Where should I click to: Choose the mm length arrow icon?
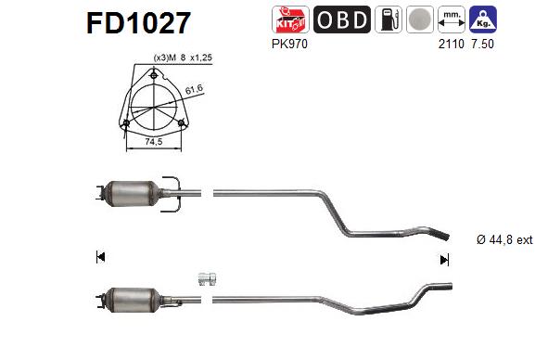(x=451, y=19)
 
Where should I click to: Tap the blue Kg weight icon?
(x=482, y=19)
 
